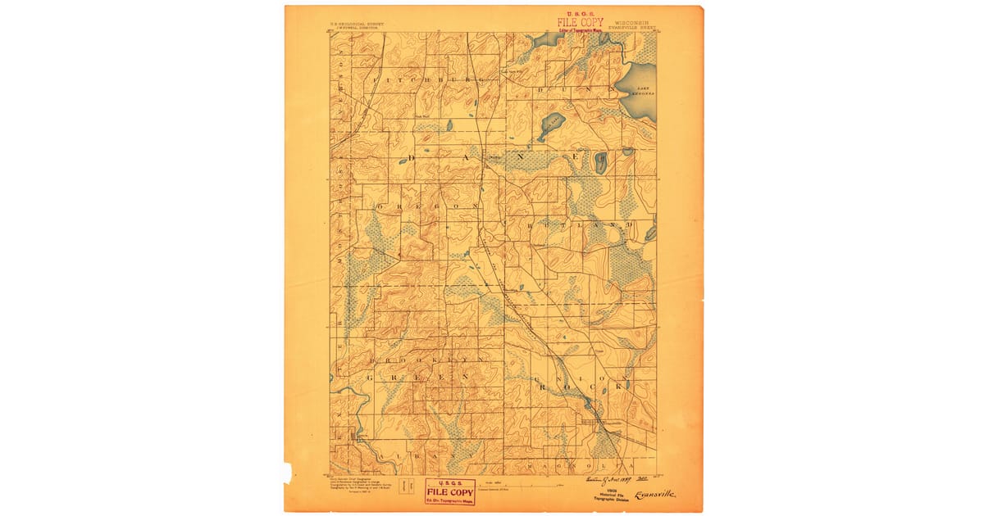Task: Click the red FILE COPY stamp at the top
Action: (580, 23)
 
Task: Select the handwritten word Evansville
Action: (655, 494)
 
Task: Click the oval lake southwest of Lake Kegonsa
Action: (551, 126)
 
